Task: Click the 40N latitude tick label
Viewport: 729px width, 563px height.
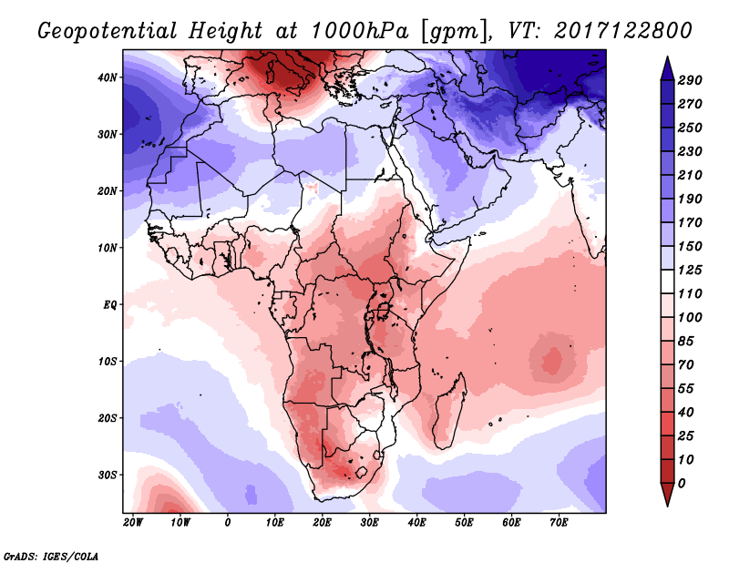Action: click(x=108, y=77)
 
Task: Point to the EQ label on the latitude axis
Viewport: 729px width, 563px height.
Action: click(x=110, y=304)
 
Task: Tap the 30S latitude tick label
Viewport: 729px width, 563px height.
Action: click(x=108, y=475)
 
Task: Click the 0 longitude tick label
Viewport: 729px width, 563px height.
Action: click(x=227, y=523)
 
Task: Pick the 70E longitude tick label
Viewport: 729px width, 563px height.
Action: click(x=559, y=523)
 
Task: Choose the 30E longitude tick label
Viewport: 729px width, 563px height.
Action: click(x=369, y=523)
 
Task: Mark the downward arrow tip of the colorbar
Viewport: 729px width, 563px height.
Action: click(x=667, y=503)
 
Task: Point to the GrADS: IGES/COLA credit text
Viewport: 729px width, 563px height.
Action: click(x=51, y=554)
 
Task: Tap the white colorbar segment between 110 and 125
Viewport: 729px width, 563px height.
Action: click(x=667, y=283)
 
